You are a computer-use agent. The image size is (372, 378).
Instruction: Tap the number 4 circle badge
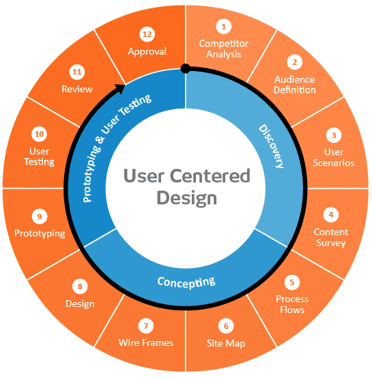coord(331,215)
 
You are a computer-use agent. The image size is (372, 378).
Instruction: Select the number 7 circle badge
coord(146,325)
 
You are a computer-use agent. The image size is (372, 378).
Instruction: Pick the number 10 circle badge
coord(39,134)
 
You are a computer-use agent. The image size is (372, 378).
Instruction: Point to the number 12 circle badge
coord(147,33)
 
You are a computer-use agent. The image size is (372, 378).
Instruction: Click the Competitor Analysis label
coord(224,49)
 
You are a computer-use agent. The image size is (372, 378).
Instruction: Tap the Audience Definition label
coord(295,84)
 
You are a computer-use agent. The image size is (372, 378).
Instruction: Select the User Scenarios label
coord(334,157)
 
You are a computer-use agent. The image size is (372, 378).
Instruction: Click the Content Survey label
coord(331,237)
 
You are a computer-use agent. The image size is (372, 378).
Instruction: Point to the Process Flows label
coord(292,304)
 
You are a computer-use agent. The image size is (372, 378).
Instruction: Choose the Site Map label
coord(226,342)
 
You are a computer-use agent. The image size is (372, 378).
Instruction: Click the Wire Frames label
coord(146,342)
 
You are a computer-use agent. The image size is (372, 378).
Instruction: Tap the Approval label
coord(147,51)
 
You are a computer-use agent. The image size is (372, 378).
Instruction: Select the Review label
coord(77,89)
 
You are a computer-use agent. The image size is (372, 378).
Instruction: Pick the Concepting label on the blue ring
coord(186,281)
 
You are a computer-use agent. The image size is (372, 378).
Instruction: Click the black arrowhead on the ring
coord(121,87)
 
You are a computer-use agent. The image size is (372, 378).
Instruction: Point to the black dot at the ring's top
coord(185,68)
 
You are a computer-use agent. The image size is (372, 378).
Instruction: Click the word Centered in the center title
coord(208,176)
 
